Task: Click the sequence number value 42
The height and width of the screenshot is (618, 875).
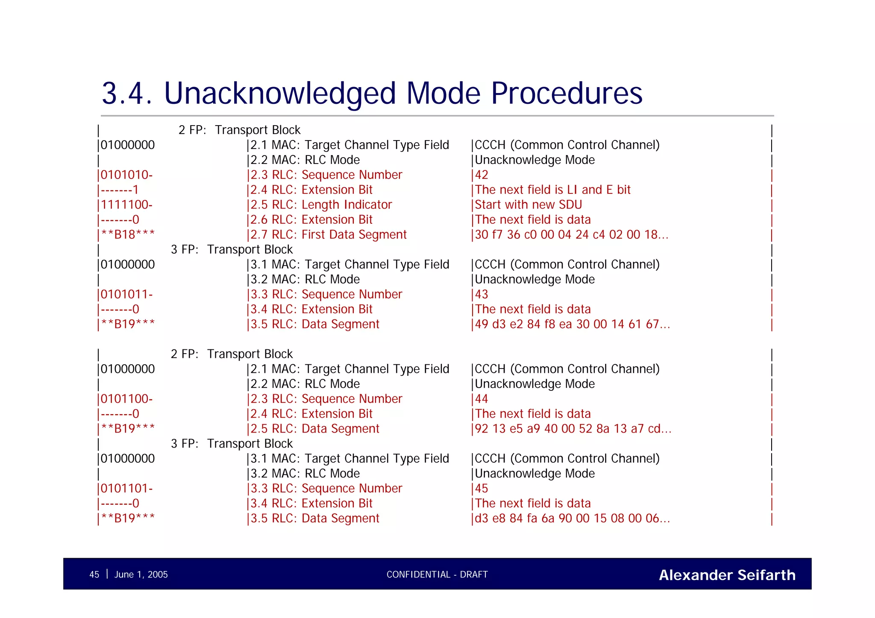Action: coord(482,175)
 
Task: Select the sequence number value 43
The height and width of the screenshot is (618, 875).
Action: coord(482,294)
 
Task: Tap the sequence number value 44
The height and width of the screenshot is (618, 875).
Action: coord(482,399)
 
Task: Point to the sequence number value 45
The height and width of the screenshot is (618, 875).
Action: coord(482,489)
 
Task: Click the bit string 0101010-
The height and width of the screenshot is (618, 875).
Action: coord(126,175)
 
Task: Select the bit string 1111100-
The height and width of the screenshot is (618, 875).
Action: coord(126,205)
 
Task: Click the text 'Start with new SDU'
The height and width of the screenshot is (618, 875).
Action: coord(529,205)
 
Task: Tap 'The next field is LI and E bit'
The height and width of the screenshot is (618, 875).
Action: coord(553,190)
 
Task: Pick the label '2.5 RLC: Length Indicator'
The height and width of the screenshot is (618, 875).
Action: coord(321,205)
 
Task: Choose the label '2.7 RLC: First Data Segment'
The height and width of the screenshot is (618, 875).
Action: coord(328,234)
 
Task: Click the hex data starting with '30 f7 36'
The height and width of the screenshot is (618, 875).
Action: coord(572,234)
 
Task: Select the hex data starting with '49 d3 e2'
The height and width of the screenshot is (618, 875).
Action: coord(573,324)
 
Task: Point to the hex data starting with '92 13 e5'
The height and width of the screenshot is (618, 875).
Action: coord(573,429)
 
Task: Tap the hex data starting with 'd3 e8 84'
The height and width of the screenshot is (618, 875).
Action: coord(573,518)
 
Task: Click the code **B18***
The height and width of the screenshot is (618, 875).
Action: coord(128,234)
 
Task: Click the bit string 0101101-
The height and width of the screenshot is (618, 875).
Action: coord(126,489)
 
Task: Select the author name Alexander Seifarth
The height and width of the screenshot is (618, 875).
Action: coord(727,575)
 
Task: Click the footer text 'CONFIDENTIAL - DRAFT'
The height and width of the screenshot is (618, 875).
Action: coord(437,574)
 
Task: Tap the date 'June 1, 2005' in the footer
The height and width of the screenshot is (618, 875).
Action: coord(141,574)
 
